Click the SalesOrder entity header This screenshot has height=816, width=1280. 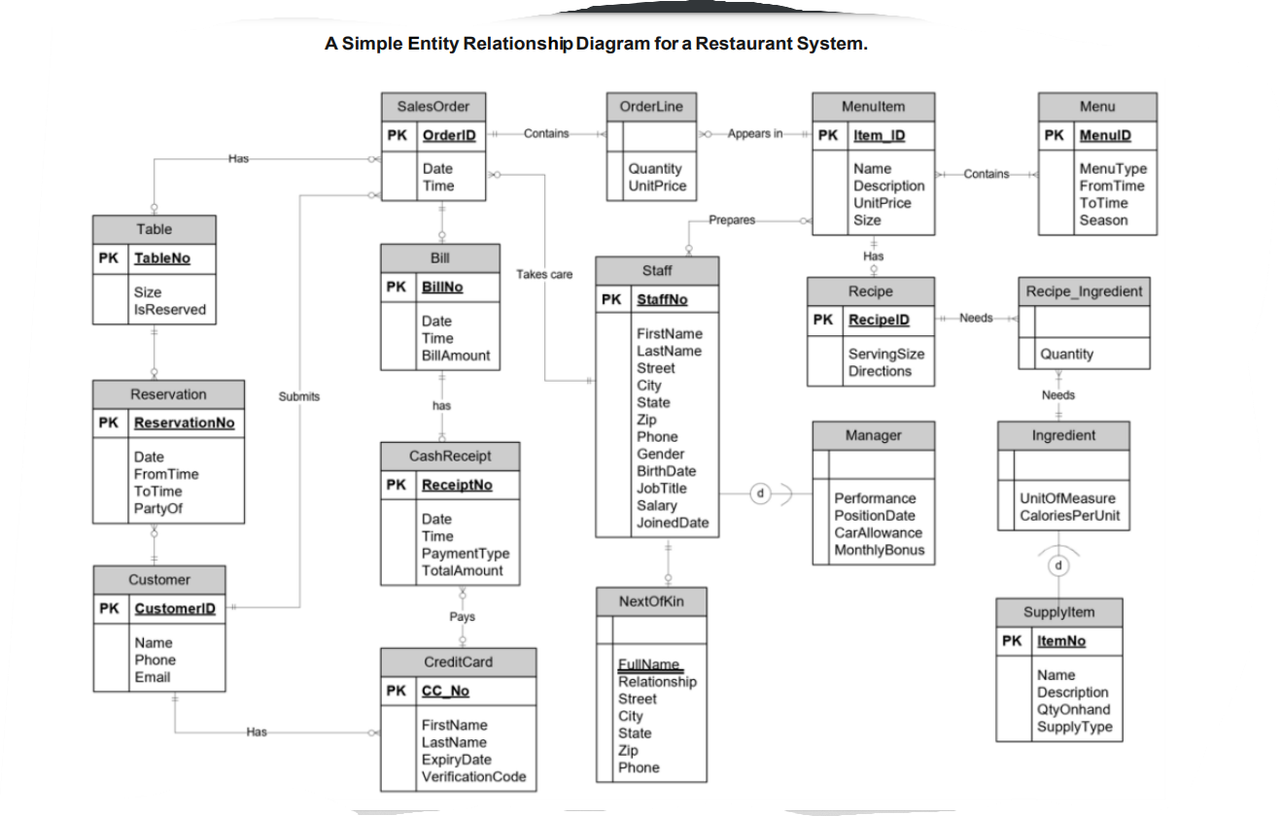(x=432, y=107)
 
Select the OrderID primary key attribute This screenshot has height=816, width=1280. (x=449, y=135)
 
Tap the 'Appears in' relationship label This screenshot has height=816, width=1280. (x=755, y=134)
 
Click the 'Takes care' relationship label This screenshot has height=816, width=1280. (x=544, y=275)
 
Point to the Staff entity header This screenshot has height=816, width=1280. (x=657, y=270)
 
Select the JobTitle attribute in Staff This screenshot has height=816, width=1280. (x=661, y=489)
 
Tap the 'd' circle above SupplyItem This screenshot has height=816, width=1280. (x=1059, y=564)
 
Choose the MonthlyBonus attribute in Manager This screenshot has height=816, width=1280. (x=879, y=550)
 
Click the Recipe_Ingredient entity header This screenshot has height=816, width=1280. (x=1084, y=291)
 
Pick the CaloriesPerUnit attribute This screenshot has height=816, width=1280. (x=1069, y=516)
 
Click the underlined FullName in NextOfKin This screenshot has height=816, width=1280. (x=649, y=664)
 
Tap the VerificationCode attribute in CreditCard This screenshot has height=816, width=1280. (x=473, y=777)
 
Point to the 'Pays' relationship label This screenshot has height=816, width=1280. (x=463, y=617)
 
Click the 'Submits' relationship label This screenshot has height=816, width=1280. (x=299, y=396)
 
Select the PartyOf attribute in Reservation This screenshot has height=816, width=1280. (x=157, y=509)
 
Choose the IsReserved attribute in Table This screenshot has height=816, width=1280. (x=170, y=310)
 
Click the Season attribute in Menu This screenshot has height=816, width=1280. (x=1103, y=221)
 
